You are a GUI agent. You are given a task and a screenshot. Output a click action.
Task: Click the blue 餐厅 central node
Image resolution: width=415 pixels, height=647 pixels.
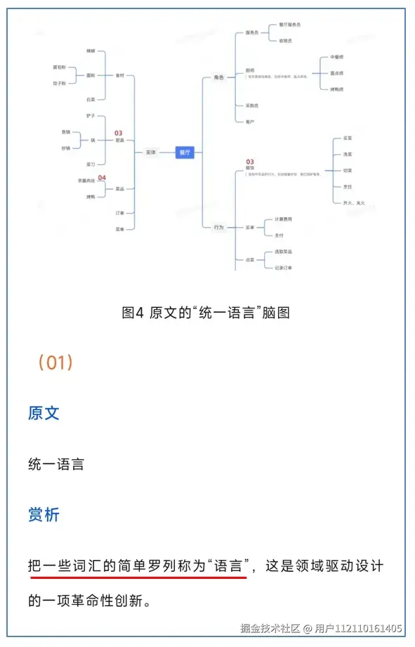pyautogui.click(x=185, y=152)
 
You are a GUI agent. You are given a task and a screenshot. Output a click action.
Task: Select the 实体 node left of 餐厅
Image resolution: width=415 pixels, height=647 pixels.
pyautogui.click(x=151, y=152)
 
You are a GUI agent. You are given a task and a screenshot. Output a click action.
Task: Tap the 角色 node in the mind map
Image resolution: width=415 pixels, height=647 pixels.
pyautogui.click(x=218, y=77)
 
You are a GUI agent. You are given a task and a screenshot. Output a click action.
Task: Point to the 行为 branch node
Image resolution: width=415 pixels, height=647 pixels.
pyautogui.click(x=218, y=227)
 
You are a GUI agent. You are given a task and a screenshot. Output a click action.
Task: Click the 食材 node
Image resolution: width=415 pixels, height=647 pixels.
pyautogui.click(x=119, y=75)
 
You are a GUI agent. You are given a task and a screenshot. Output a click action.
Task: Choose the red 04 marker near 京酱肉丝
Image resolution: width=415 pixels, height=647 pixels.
pyautogui.click(x=102, y=178)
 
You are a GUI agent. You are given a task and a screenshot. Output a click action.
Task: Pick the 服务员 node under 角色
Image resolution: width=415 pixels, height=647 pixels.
pyautogui.click(x=251, y=33)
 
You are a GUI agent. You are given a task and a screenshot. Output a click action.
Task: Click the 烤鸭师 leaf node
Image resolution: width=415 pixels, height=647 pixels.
pyautogui.click(x=336, y=89)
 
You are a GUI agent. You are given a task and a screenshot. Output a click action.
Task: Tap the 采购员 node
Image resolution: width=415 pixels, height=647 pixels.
pyautogui.click(x=251, y=105)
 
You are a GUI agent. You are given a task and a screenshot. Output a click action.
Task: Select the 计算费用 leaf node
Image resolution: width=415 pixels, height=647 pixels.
pyautogui.click(x=284, y=219)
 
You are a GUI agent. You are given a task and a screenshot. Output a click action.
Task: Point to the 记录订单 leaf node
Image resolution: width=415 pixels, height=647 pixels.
pyautogui.click(x=284, y=268)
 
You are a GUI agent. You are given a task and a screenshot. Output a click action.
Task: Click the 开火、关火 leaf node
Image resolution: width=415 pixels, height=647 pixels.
pyautogui.click(x=349, y=202)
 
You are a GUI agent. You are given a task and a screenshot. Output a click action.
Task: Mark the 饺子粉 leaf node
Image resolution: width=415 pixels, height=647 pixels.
pyautogui.click(x=59, y=83)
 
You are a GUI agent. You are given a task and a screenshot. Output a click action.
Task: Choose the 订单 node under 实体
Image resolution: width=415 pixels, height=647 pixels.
pyautogui.click(x=119, y=213)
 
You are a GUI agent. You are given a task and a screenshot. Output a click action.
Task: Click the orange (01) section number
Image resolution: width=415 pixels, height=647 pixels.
pyautogui.click(x=55, y=362)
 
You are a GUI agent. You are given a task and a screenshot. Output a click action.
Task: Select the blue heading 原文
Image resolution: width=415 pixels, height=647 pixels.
pyautogui.click(x=44, y=412)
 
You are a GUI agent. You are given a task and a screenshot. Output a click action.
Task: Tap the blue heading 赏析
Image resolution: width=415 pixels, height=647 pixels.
pyautogui.click(x=44, y=515)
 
